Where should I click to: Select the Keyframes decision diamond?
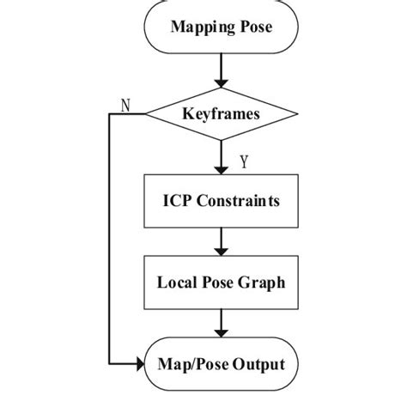(222, 113)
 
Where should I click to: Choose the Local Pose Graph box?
(222, 282)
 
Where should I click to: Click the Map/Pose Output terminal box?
(222, 364)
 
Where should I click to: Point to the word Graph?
(265, 282)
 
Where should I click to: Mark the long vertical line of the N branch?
(110, 240)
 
